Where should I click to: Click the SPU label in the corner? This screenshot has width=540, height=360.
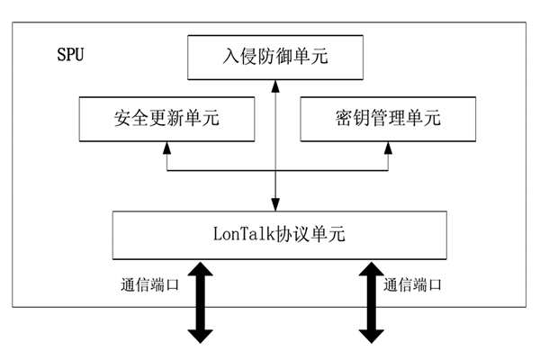71,56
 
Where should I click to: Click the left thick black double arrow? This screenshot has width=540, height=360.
201,301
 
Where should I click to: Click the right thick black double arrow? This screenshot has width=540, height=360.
369,301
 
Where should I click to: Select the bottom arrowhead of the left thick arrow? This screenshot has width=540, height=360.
201,334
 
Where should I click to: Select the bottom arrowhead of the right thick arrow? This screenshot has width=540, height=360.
369,334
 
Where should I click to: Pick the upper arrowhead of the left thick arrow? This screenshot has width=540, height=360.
201,269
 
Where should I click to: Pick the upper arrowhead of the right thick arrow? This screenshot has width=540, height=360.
369,269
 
